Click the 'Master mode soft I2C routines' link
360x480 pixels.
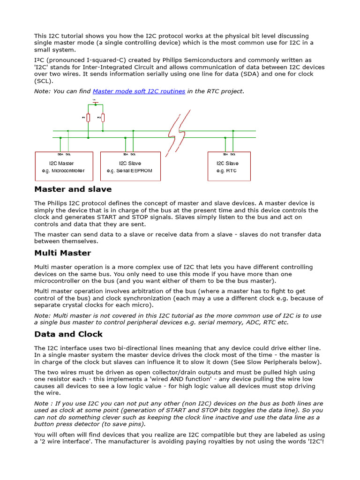(x=139, y=91)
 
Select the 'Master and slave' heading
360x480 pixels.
(x=73, y=189)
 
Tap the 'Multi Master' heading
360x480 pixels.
(x=62, y=253)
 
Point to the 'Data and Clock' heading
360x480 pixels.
(x=68, y=334)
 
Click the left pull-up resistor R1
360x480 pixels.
(x=88, y=118)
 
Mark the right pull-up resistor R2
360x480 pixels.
(x=103, y=118)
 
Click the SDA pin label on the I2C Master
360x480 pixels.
(x=60, y=154)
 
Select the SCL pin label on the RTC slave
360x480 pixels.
(x=233, y=154)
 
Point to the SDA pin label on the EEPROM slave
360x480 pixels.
(x=125, y=154)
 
